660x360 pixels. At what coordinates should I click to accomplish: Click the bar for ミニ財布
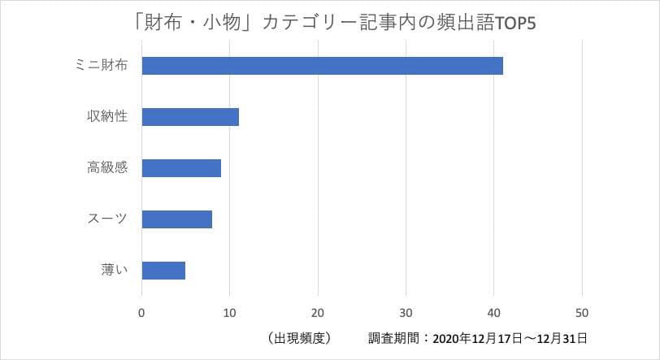(x=322, y=66)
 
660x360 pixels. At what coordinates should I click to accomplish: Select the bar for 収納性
(x=190, y=117)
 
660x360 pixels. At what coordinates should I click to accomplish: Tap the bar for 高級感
(x=181, y=168)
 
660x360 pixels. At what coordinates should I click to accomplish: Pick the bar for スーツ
(x=176, y=219)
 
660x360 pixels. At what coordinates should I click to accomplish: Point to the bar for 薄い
(x=163, y=270)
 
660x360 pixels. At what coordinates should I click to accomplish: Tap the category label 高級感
(x=106, y=168)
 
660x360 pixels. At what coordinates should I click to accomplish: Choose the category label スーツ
(x=106, y=219)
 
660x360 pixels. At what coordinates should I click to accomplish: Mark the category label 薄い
(x=112, y=270)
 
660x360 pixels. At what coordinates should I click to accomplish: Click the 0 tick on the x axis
(x=142, y=312)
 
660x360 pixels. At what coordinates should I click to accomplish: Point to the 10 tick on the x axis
(x=230, y=312)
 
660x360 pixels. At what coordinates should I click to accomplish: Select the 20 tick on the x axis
(x=318, y=312)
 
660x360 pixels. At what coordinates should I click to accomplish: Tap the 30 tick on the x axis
(x=406, y=312)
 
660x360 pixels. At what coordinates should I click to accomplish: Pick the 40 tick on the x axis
(x=493, y=312)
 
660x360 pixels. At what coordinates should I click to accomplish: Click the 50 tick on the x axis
(x=581, y=312)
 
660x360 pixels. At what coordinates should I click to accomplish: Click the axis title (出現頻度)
(x=298, y=337)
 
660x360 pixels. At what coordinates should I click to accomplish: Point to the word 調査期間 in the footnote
(x=394, y=337)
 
